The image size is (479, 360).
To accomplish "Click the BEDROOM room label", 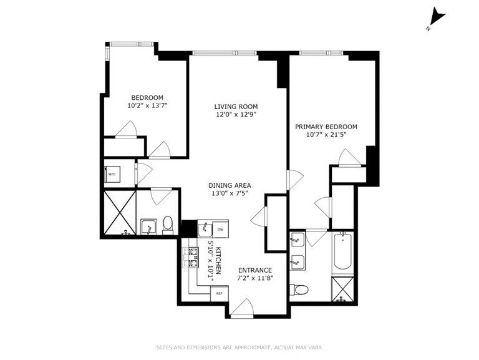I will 147,97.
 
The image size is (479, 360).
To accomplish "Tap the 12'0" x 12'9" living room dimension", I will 236,115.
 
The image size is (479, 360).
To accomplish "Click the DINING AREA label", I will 230,185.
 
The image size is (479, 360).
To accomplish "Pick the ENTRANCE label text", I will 254,270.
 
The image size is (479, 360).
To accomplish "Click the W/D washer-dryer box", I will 112,175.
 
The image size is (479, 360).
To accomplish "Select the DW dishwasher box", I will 221,228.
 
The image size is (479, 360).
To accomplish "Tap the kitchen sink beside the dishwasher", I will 205,228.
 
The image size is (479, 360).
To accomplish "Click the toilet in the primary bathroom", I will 299,289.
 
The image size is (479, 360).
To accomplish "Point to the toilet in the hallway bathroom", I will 167,225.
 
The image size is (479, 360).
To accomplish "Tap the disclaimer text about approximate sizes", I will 239,348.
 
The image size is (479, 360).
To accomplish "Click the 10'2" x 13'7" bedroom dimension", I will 147,106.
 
